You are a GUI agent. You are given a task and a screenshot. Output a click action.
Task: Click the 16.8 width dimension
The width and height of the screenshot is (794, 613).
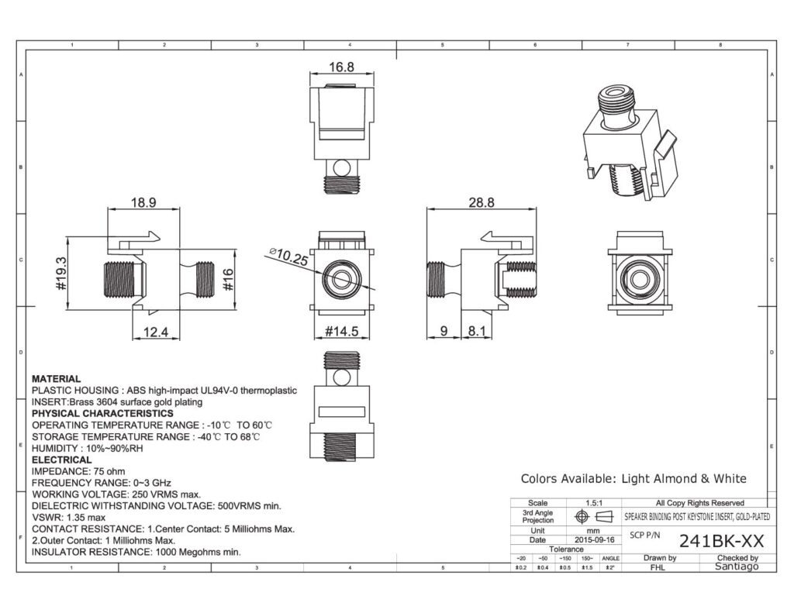[x=341, y=67]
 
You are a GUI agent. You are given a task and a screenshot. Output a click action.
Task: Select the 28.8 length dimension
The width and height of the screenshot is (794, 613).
[x=481, y=203]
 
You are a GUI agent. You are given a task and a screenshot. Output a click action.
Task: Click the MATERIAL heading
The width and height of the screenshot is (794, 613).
[x=56, y=379]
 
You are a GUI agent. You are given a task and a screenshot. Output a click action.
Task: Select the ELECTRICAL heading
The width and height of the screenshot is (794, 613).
[x=61, y=460]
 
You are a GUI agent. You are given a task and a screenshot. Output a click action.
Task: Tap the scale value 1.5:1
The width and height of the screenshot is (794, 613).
[x=595, y=503]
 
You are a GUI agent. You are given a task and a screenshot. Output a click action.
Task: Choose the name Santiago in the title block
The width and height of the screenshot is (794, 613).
[x=732, y=567]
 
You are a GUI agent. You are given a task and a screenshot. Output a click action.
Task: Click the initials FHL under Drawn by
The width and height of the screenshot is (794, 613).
[x=658, y=567]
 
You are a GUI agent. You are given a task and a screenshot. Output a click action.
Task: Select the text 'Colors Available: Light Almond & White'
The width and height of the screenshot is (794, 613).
[x=633, y=479]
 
